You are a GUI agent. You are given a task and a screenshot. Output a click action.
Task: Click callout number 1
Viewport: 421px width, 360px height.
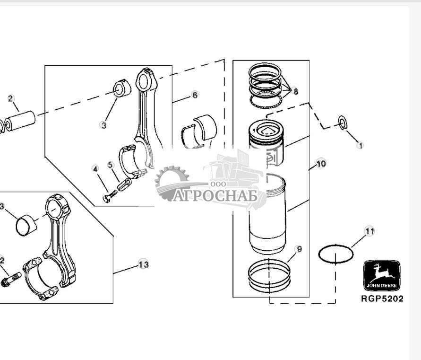[x=361, y=146]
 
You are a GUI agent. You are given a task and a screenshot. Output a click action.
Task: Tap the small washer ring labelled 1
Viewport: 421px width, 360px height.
[x=343, y=123]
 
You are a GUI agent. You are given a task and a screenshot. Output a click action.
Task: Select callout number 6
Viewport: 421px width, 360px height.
[x=195, y=95]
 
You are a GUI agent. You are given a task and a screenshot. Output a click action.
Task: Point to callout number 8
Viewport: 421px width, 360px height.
[x=296, y=91]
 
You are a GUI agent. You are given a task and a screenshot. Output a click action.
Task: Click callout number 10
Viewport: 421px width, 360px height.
[x=321, y=164]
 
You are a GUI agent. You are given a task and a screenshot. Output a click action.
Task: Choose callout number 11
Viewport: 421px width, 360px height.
[x=369, y=231]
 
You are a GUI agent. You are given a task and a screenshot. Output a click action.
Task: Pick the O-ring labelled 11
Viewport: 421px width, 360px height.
[x=336, y=254]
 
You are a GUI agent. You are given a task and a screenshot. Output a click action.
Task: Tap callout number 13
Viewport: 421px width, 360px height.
[x=143, y=264]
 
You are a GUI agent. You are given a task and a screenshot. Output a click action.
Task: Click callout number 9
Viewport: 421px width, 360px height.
[x=298, y=249]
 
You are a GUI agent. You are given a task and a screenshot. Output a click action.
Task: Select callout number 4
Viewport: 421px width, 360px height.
[x=95, y=168]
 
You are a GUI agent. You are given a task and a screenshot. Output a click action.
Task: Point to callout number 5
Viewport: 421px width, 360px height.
[x=111, y=165]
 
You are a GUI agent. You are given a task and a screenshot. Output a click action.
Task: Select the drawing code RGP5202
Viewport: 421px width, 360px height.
[x=382, y=299]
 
